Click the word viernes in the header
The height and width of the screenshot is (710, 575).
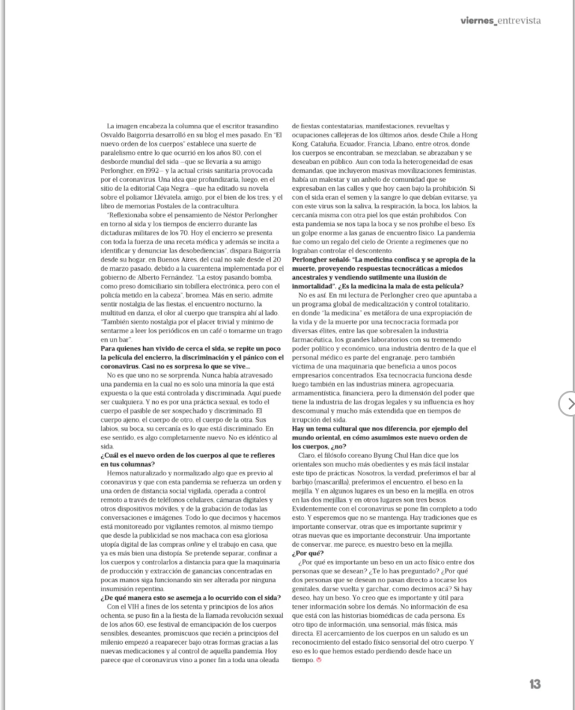[478, 21]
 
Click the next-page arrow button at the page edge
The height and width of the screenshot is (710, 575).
[569, 403]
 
